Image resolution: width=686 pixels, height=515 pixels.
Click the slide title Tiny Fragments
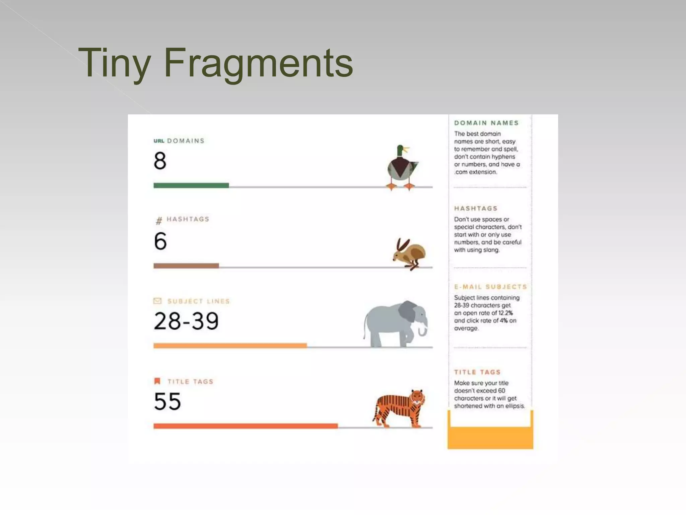[x=215, y=63]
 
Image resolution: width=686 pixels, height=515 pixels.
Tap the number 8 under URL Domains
[x=160, y=161]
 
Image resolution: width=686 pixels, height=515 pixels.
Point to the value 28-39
[x=186, y=321]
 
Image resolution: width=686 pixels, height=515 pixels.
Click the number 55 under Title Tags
[x=167, y=401]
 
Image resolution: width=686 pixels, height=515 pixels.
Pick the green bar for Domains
[x=191, y=185]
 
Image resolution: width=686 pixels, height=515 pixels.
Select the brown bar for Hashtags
[x=186, y=266]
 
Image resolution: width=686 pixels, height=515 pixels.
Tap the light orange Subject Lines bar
[x=230, y=346]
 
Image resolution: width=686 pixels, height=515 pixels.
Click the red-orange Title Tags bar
[x=246, y=426]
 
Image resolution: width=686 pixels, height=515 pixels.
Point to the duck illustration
[x=402, y=167]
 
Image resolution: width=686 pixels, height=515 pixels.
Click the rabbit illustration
[x=409, y=254]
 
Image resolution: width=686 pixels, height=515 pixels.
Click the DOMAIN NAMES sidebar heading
[x=486, y=123]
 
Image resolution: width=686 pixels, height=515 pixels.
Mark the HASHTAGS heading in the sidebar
[x=476, y=208]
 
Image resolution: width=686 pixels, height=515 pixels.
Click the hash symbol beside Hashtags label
[x=159, y=220]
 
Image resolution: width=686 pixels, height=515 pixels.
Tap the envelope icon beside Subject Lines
[x=157, y=301]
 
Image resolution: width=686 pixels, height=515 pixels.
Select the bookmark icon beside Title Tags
[x=157, y=381]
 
